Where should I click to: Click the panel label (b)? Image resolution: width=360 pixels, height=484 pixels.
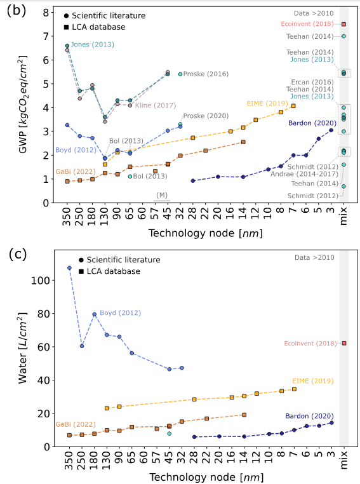pos(17,12)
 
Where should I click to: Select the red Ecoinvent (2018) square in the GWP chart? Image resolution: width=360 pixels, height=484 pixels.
pos(343,24)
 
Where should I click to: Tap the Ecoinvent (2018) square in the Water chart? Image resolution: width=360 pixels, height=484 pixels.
pos(343,343)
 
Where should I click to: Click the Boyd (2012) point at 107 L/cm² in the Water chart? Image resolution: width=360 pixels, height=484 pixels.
pos(69,268)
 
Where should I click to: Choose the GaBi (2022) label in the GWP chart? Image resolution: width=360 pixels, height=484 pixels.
pos(71,171)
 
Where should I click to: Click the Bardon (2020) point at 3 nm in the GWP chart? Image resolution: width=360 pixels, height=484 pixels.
pos(331,130)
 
